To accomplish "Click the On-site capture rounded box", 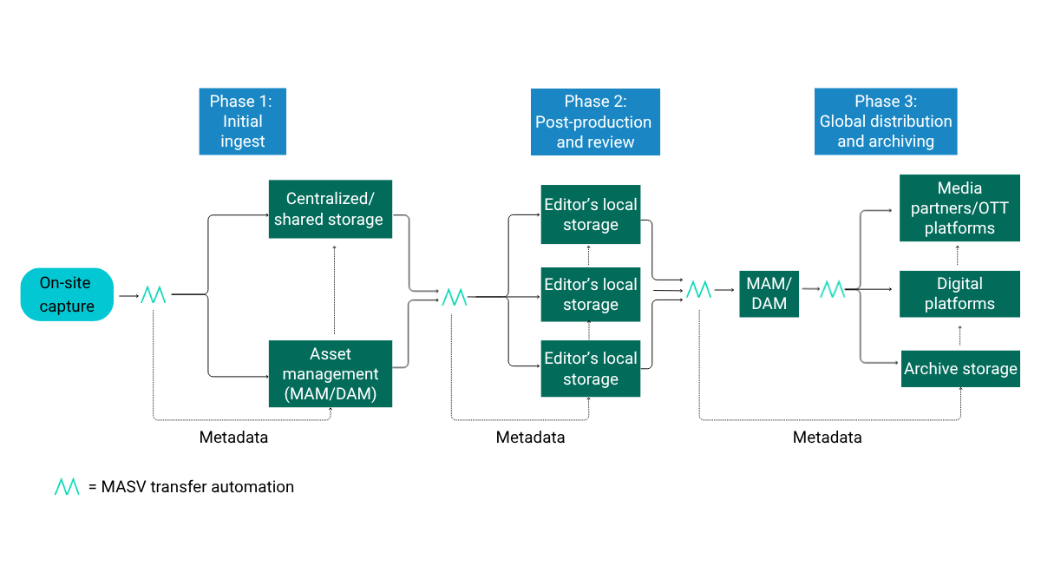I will click(x=68, y=294).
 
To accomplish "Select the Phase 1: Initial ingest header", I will click(x=242, y=122).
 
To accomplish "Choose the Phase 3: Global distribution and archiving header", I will click(x=885, y=122).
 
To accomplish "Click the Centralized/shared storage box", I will click(x=330, y=209).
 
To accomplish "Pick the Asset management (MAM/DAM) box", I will click(x=330, y=373).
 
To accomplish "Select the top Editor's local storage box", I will click(x=591, y=214).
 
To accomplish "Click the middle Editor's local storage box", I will click(x=591, y=294).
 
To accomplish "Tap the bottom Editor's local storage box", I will click(x=591, y=369).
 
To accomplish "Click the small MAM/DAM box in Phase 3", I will click(x=769, y=293).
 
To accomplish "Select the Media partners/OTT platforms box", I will click(x=959, y=208).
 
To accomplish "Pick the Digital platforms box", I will click(x=959, y=293).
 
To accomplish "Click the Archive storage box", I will click(x=960, y=369).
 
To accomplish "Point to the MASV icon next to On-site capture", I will click(x=154, y=295).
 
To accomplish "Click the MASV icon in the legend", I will click(x=67, y=487).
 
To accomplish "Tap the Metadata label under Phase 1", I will click(x=233, y=438).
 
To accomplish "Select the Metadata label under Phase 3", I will click(x=827, y=438).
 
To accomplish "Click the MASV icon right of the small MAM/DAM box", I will click(x=832, y=290).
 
